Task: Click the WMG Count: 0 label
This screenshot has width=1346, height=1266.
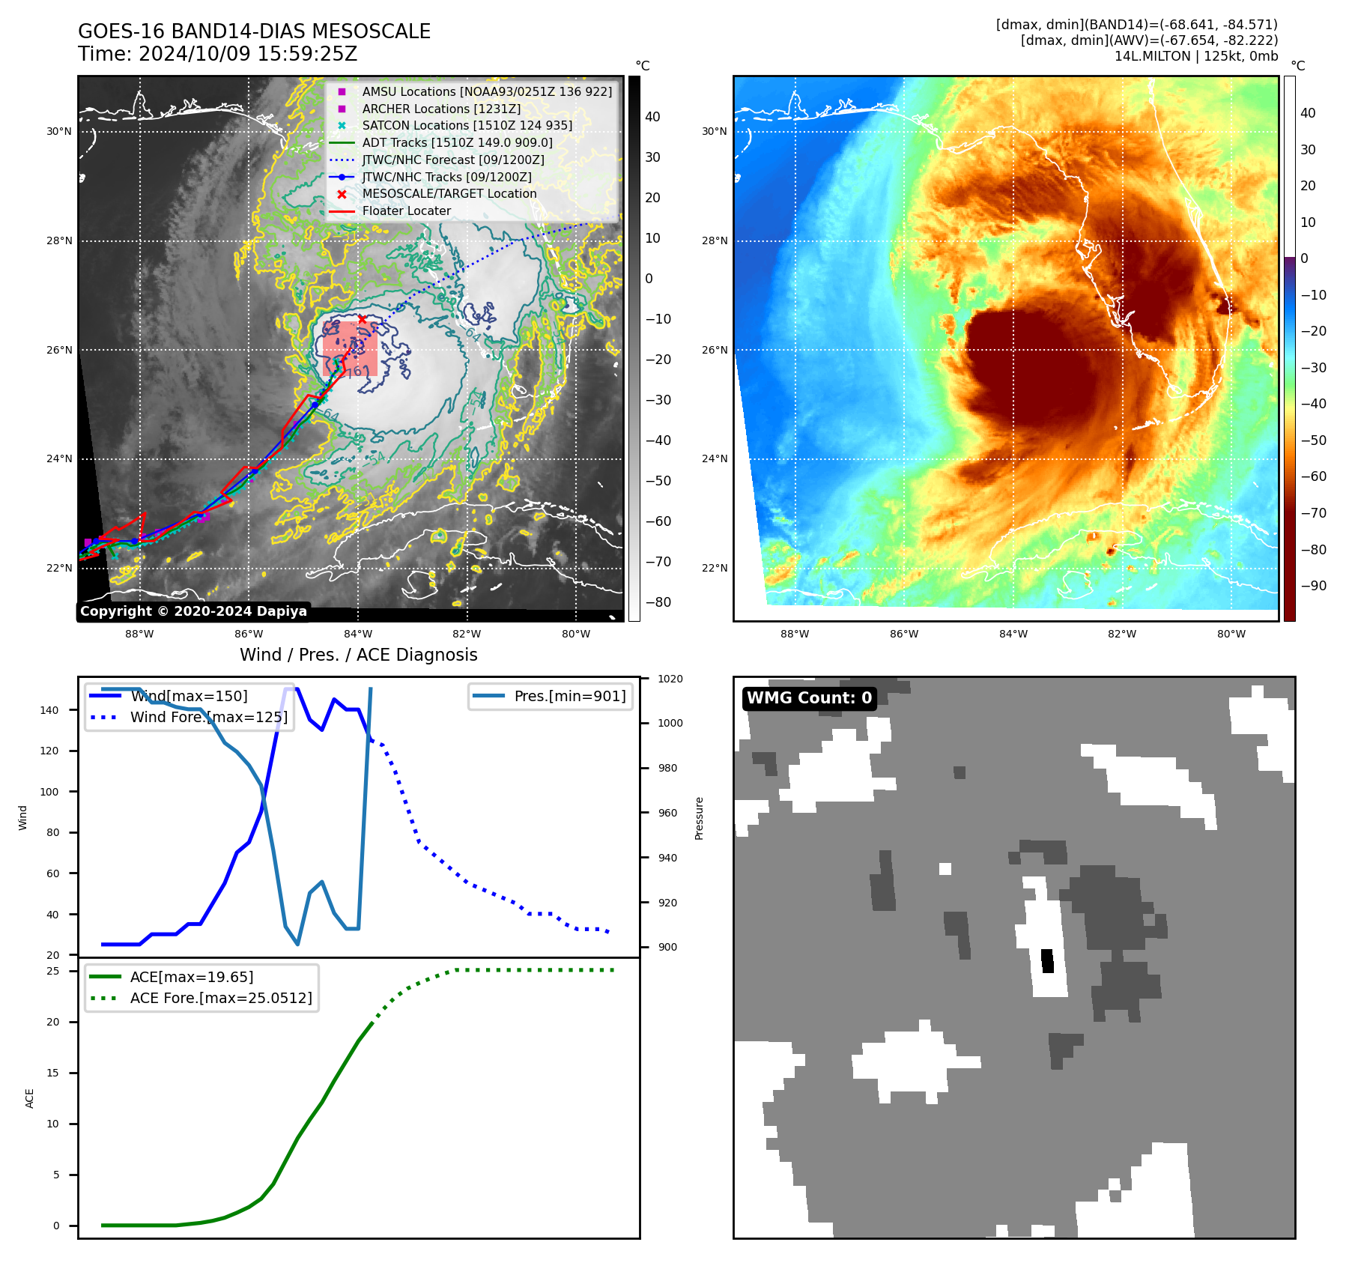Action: pyautogui.click(x=809, y=698)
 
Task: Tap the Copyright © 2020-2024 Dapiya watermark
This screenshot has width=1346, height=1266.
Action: pyautogui.click(x=193, y=611)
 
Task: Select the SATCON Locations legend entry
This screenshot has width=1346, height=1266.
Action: pyautogui.click(x=467, y=126)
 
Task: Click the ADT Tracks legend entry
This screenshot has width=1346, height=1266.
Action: pyautogui.click(x=457, y=143)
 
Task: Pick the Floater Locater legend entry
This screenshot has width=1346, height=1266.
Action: pyautogui.click(x=406, y=211)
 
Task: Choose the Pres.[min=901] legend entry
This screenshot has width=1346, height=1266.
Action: pyautogui.click(x=569, y=697)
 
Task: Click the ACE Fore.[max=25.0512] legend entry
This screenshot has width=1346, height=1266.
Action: pyautogui.click(x=220, y=998)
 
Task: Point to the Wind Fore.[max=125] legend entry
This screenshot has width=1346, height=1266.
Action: pyautogui.click(x=208, y=717)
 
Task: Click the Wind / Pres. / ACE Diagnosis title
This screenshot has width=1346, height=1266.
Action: pyautogui.click(x=358, y=655)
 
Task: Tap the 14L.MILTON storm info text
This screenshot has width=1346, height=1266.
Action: pyautogui.click(x=1195, y=56)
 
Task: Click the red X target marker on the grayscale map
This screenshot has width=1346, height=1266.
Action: pyautogui.click(x=363, y=320)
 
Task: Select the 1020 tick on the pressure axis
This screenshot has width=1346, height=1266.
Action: pyautogui.click(x=670, y=679)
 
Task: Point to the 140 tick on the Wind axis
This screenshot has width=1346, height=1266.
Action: pyautogui.click(x=49, y=710)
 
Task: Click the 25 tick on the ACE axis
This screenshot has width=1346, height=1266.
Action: pyautogui.click(x=53, y=971)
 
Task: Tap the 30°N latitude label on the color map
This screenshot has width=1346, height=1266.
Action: pyautogui.click(x=714, y=132)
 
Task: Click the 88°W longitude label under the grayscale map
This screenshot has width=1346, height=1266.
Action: pyautogui.click(x=139, y=634)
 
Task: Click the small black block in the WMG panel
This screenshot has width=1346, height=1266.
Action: pyautogui.click(x=1047, y=961)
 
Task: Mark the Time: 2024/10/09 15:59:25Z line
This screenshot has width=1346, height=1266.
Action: pyautogui.click(x=217, y=54)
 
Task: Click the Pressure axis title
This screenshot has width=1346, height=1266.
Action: pyautogui.click(x=700, y=818)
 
